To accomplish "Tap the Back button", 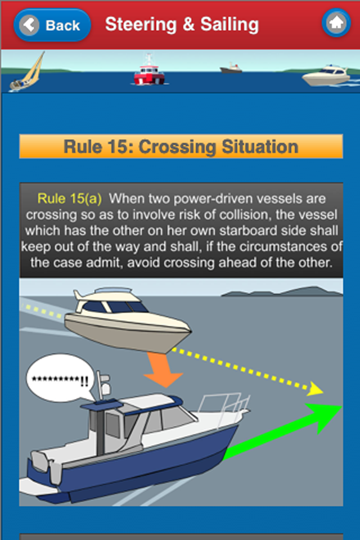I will [x=52, y=25].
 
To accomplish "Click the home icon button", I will [x=336, y=24].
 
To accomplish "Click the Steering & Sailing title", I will [x=182, y=25].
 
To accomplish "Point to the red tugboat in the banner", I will [x=149, y=71].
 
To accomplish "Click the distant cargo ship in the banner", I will [x=231, y=68].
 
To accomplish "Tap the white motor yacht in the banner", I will [x=326, y=75].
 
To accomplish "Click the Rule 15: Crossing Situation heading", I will [x=181, y=147].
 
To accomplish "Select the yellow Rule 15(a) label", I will [x=69, y=199].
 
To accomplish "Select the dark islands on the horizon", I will [x=281, y=291].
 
